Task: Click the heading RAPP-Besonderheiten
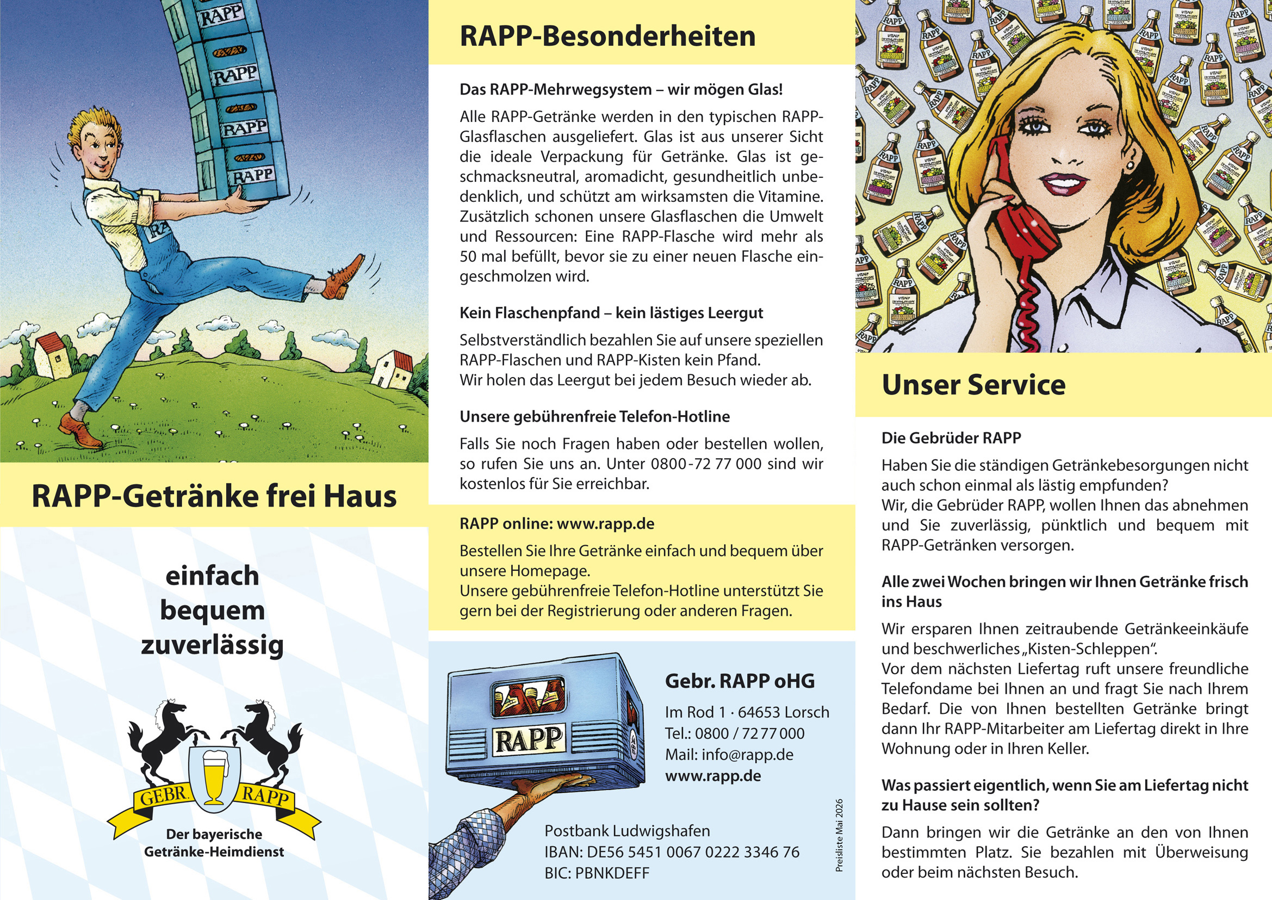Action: [607, 36]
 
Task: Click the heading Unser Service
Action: [973, 385]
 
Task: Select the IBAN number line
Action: [672, 852]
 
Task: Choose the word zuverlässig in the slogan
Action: [212, 646]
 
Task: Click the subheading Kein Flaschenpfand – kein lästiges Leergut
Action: [611, 313]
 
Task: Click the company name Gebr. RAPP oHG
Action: [740, 681]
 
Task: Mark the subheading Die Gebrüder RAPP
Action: [951, 438]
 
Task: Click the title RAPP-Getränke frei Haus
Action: [214, 496]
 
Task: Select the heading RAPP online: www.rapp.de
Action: [557, 523]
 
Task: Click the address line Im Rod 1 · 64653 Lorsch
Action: [747, 712]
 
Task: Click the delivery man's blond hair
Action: [94, 125]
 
